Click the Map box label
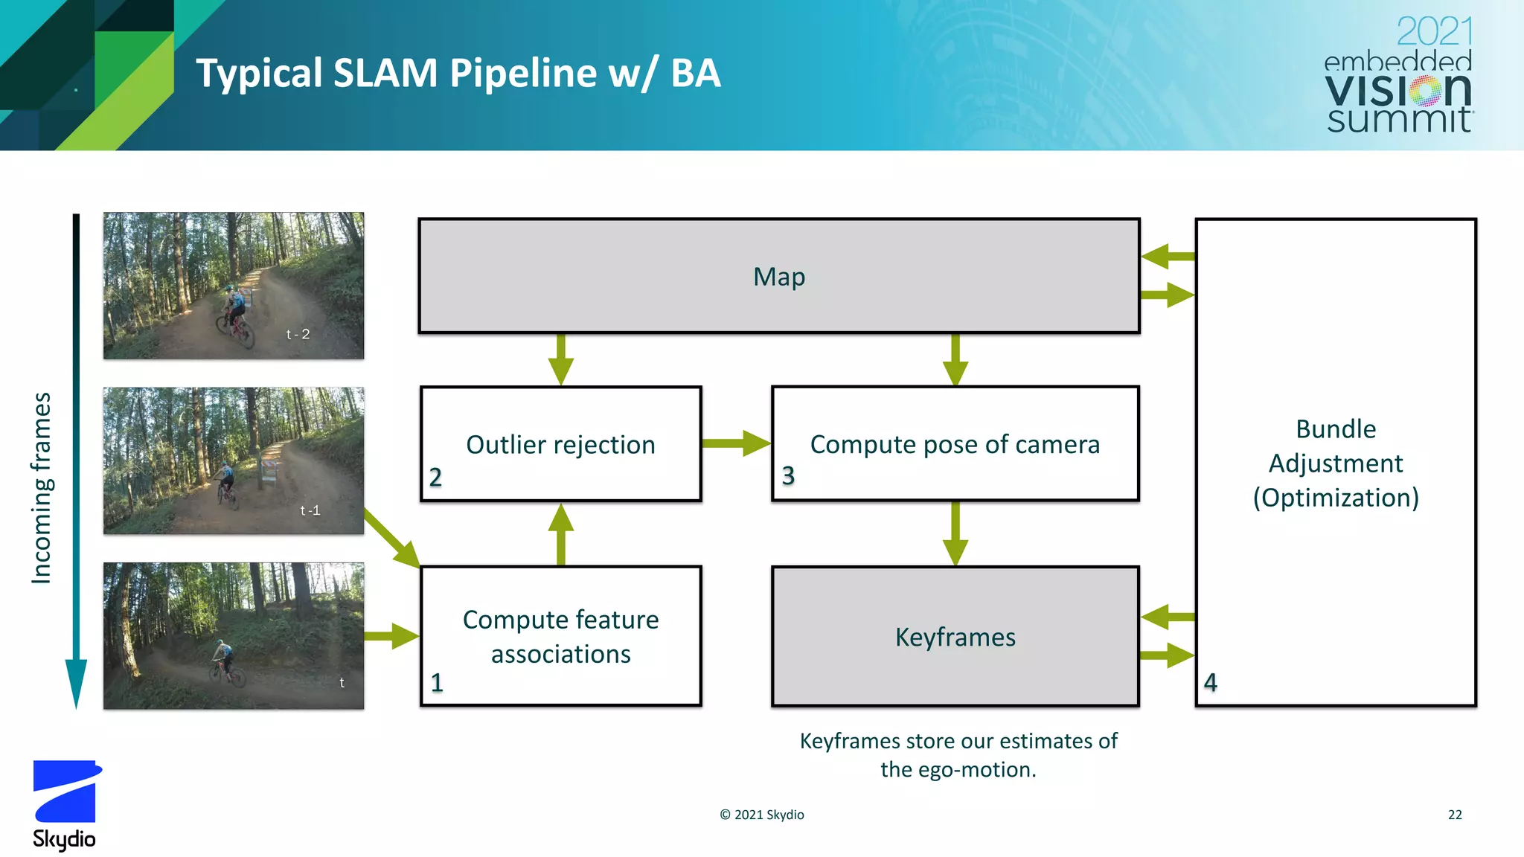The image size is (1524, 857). click(x=778, y=277)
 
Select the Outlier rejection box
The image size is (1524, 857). click(x=560, y=444)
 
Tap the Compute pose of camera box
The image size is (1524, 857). click(x=955, y=444)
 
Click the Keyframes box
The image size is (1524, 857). click(x=955, y=637)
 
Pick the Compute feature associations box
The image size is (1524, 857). click(x=560, y=636)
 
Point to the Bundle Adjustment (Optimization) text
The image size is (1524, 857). click(x=1336, y=463)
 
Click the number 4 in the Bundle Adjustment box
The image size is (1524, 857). click(x=1211, y=682)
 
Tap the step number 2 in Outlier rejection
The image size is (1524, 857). click(x=435, y=477)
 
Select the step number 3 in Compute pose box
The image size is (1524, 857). click(x=788, y=475)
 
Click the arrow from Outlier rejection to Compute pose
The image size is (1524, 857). click(x=735, y=443)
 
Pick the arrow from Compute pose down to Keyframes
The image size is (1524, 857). click(x=955, y=534)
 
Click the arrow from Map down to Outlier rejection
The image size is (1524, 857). click(x=560, y=359)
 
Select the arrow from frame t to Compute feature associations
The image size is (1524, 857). click(x=391, y=636)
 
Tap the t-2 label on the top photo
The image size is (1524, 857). click(x=298, y=335)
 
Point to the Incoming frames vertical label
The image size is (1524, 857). click(x=42, y=487)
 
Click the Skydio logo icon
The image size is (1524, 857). click(x=66, y=791)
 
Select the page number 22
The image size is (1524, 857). click(x=1454, y=815)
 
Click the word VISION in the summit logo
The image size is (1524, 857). click(x=1397, y=91)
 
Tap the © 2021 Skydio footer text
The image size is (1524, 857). click(x=761, y=815)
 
